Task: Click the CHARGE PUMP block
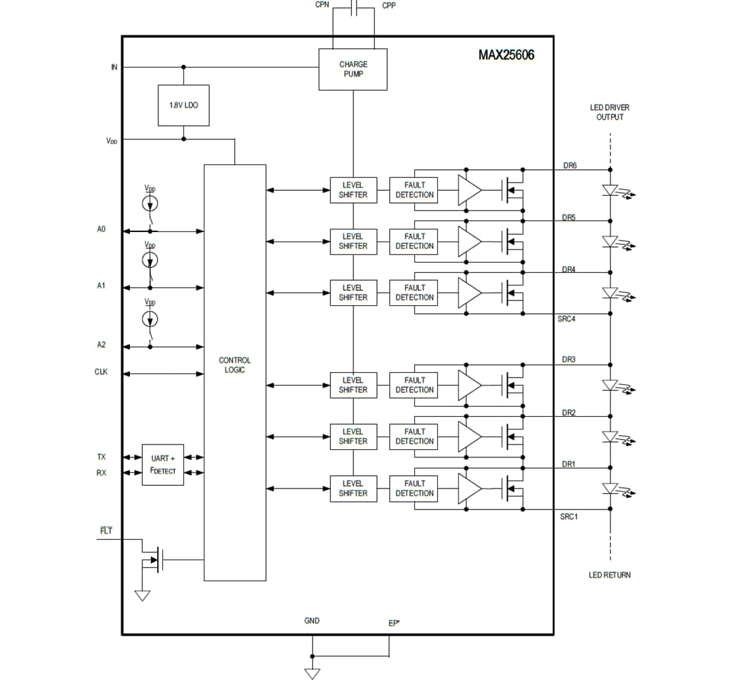coord(353,69)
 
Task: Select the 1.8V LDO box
coord(183,106)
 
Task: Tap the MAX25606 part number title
coord(506,55)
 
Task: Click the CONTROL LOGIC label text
coord(234,365)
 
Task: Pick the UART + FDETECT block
coord(162,465)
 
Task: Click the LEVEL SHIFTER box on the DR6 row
coord(353,189)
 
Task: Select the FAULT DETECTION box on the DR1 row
coord(414,489)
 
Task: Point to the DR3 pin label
coord(569,359)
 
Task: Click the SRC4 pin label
coord(567,319)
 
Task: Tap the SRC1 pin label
coord(569,516)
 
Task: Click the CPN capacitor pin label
coord(322,5)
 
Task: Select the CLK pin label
coord(101,372)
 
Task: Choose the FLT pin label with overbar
coord(106,530)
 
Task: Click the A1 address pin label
coord(101,286)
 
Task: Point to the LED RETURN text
coord(609,575)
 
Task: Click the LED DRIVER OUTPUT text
coord(609,112)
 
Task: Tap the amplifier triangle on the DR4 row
coord(469,292)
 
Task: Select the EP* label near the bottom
coord(393,623)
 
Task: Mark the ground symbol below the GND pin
coord(312,673)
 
